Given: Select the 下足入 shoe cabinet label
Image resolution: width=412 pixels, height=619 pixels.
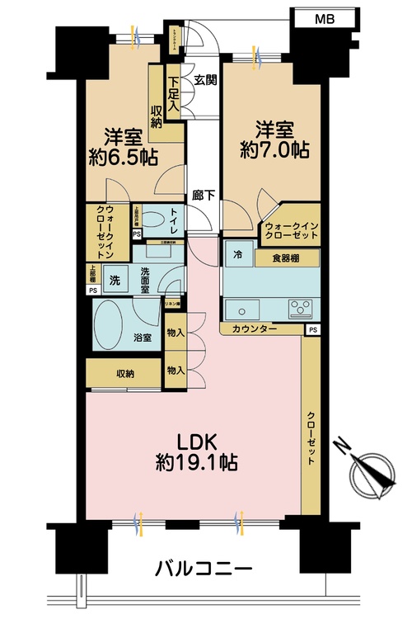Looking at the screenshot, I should coord(173,92).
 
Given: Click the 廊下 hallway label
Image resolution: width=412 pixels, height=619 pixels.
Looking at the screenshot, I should coord(204,196).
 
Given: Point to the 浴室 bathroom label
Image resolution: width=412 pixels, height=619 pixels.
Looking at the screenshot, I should coord(142,338).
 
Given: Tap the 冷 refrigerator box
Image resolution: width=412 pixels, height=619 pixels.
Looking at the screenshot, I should coord(236,257).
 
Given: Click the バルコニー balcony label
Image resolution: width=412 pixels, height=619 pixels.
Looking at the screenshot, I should coord(203,568).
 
